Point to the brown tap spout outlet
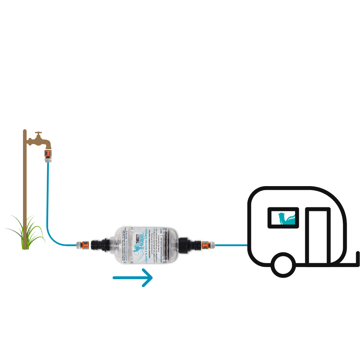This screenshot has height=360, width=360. [x=47, y=146]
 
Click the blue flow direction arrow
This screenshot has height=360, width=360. [x=133, y=278]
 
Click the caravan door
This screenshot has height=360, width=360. [x=318, y=236]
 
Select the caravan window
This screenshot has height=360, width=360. [x=284, y=218]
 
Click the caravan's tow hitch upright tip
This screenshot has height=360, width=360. [x=358, y=254]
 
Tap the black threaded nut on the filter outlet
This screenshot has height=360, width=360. [x=186, y=245]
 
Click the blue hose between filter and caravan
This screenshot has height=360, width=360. [x=230, y=245]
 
